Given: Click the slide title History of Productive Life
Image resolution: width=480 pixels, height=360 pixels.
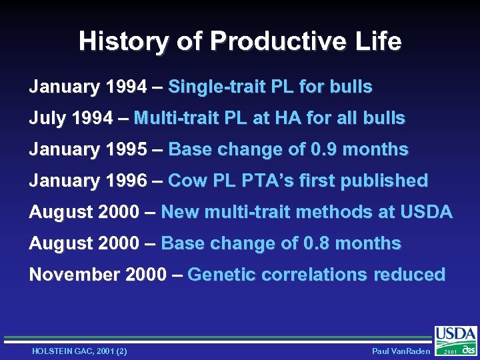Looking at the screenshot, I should tap(240, 41).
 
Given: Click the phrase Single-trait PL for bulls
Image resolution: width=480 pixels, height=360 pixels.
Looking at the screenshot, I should tap(270, 87).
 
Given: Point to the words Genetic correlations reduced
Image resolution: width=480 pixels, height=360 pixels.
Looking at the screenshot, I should tap(317, 275).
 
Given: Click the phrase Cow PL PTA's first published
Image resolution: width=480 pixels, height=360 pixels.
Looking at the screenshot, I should tap(298, 181).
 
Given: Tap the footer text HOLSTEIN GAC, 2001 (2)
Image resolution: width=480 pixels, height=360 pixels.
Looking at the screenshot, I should tap(79, 351).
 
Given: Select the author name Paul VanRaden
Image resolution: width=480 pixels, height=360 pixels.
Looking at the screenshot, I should tap(401, 351).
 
